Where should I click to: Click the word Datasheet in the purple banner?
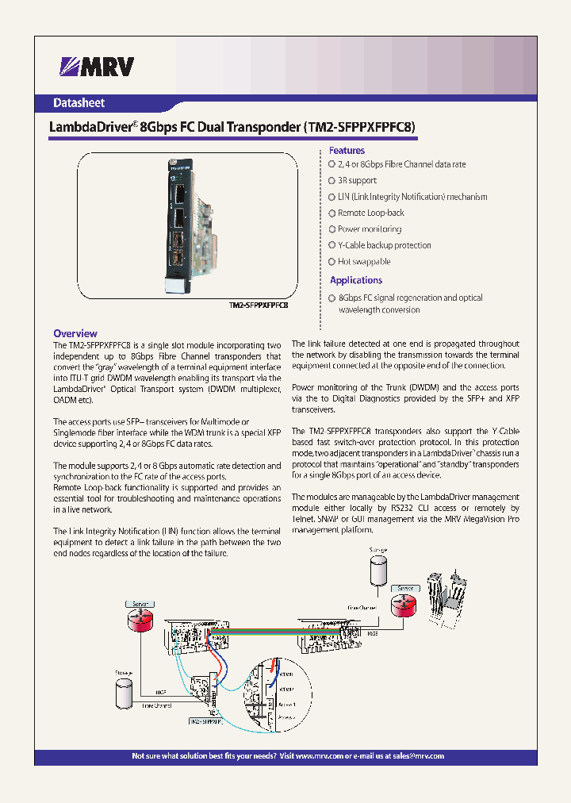79,102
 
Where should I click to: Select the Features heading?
347,151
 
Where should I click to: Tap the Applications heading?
356,280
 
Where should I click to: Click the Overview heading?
75,333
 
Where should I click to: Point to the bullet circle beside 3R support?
332,181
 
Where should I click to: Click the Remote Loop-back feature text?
371,213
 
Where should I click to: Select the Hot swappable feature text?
364,262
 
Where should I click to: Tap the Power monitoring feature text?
370,229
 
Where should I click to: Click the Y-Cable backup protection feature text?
385,246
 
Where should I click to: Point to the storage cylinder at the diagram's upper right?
377,571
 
